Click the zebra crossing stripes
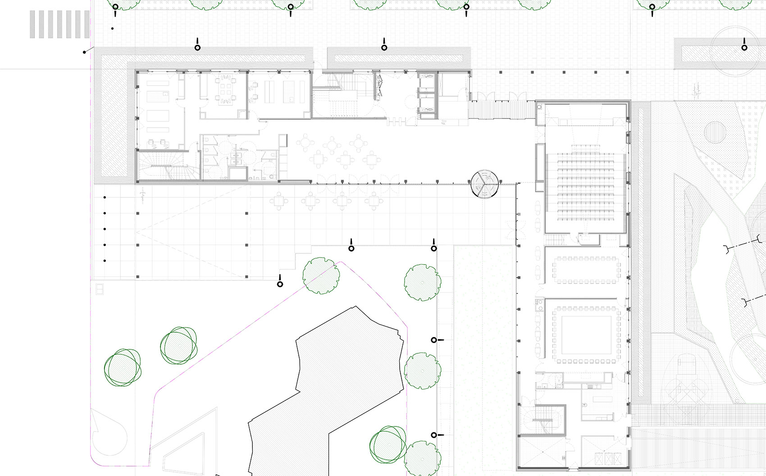[x=59, y=24]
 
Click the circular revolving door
[x=485, y=184]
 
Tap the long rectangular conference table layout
[x=585, y=270]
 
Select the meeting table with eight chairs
[x=224, y=90]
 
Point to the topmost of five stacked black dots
[x=105, y=197]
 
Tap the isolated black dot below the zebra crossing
[x=112, y=29]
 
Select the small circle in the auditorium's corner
[x=540, y=107]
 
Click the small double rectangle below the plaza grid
[x=99, y=288]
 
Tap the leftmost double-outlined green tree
[x=123, y=367]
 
